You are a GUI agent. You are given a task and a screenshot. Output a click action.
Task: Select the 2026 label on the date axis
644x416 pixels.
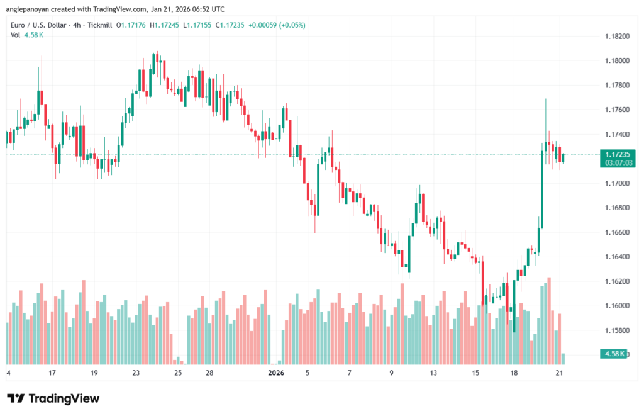click(276, 373)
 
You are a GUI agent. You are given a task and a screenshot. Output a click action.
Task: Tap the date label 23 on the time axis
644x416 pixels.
click(136, 373)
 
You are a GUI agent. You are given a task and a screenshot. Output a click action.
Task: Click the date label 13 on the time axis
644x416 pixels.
click(433, 373)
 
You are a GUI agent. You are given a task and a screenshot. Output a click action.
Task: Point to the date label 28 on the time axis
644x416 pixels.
click(209, 373)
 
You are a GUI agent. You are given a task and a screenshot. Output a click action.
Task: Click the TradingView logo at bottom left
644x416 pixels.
click(53, 398)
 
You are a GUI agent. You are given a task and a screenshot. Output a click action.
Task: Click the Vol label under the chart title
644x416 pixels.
click(16, 35)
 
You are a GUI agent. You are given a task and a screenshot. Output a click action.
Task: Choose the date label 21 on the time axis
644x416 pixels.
click(558, 373)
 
